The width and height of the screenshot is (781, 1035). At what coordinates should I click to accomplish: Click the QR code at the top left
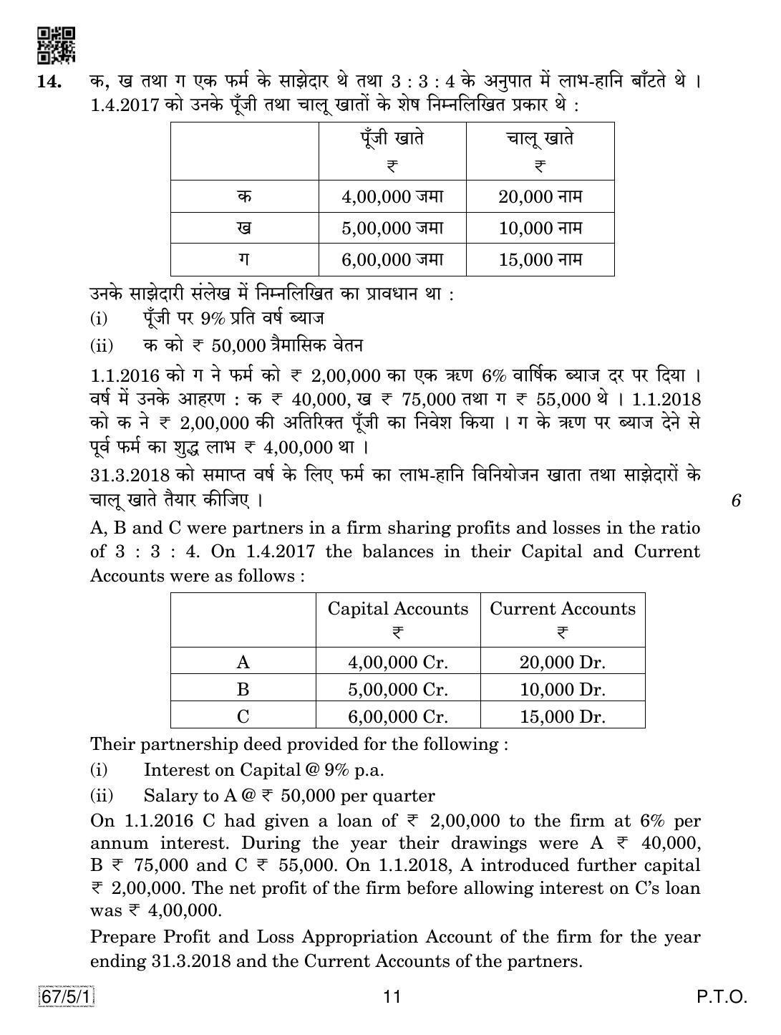point(56,45)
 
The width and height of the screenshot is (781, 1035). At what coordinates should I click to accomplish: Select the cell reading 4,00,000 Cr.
point(397,662)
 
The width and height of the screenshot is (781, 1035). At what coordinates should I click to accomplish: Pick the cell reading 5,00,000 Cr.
point(397,689)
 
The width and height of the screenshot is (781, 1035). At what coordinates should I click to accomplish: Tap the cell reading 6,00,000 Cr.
point(397,716)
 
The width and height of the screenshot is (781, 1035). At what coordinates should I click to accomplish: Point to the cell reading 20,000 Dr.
point(562,662)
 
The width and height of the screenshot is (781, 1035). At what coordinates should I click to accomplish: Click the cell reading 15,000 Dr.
point(562,716)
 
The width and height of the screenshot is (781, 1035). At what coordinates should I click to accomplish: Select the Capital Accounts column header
point(397,609)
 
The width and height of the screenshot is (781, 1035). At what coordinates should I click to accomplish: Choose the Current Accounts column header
point(562,609)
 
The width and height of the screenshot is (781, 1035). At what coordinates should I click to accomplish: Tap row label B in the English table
point(243,689)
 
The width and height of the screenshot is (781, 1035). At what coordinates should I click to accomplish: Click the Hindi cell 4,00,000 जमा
point(392,196)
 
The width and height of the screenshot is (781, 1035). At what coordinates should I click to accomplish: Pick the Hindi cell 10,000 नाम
point(540,228)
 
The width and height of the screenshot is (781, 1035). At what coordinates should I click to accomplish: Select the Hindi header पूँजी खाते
point(392,138)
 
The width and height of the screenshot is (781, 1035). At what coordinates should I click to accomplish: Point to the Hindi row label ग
point(244,259)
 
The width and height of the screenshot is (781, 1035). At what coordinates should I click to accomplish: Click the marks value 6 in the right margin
point(735,501)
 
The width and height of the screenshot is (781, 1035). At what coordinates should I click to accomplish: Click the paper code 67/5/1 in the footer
point(67,996)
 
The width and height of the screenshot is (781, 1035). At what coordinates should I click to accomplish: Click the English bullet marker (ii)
point(102,796)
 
